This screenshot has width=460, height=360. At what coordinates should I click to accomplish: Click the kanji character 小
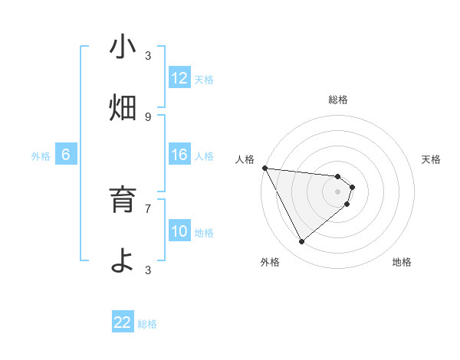(123, 47)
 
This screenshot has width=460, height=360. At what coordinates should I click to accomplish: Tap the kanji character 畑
(123, 108)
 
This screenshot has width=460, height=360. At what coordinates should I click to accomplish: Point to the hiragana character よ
(123, 260)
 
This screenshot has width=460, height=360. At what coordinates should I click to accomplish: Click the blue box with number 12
(179, 78)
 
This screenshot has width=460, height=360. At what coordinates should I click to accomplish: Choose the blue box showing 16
(179, 155)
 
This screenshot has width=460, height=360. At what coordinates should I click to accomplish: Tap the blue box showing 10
(179, 231)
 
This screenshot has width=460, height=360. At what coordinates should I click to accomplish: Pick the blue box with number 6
(66, 155)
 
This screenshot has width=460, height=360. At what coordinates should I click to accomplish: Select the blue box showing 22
(123, 322)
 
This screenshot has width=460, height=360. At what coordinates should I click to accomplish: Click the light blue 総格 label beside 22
(147, 324)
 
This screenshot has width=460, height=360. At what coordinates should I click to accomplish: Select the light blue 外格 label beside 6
(41, 156)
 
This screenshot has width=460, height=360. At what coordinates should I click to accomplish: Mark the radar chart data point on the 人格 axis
(264, 168)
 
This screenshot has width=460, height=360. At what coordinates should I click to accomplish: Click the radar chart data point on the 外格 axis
(301, 241)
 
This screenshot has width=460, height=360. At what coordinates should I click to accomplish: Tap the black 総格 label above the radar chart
(338, 100)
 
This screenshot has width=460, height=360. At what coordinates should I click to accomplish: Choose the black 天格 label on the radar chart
(432, 159)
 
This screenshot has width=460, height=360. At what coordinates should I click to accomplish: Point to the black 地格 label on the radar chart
(402, 262)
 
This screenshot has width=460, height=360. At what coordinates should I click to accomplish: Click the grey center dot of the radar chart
(338, 191)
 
